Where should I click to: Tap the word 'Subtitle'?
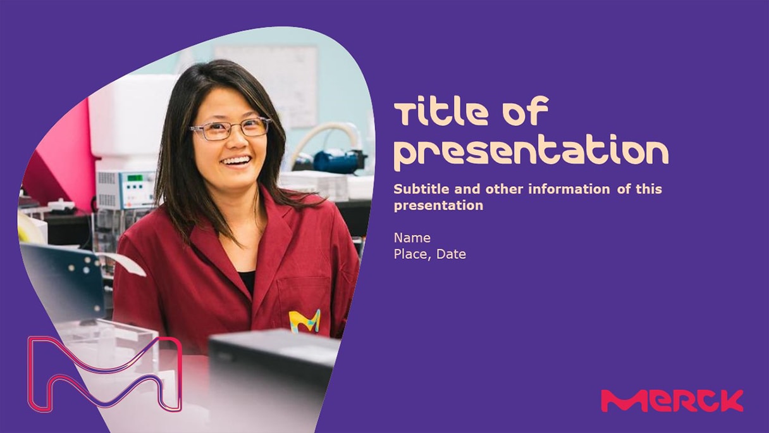click(x=421, y=189)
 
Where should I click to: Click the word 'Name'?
click(x=412, y=238)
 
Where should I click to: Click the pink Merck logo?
click(x=672, y=400)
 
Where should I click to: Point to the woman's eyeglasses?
click(x=230, y=129)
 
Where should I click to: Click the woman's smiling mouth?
click(x=236, y=161)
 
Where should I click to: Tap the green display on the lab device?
click(x=134, y=178)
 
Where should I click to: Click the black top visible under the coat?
click(x=248, y=282)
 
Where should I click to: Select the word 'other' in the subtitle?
click(x=504, y=189)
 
